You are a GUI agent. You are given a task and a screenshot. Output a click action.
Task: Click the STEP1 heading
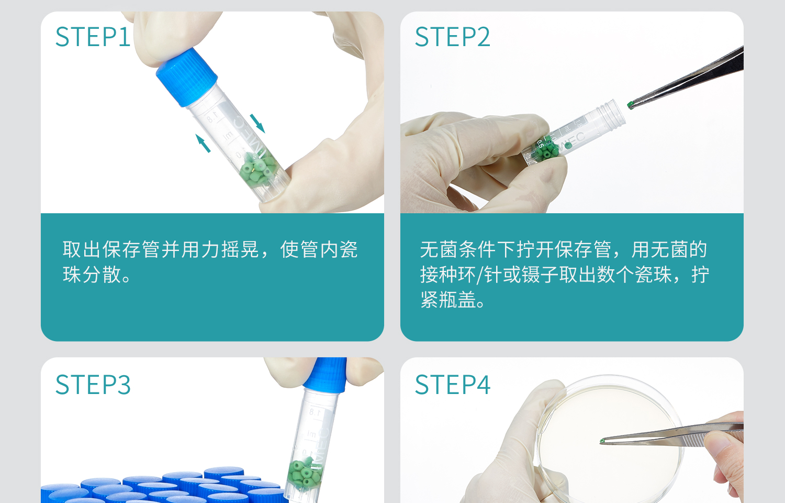(x=93, y=37)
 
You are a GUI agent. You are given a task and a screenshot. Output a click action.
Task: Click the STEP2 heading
(x=452, y=37)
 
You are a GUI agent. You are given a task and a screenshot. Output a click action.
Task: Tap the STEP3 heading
(x=93, y=385)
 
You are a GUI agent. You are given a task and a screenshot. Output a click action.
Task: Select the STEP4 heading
(x=452, y=385)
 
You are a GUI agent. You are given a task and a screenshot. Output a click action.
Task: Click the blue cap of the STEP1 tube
(x=186, y=76)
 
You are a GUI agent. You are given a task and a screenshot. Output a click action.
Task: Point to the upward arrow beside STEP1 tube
(x=203, y=143)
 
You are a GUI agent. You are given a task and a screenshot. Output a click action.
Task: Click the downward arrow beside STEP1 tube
(x=257, y=123)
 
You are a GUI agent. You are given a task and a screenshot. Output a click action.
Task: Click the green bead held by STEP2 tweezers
(x=631, y=105)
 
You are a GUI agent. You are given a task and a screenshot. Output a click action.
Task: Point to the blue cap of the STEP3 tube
(x=328, y=375)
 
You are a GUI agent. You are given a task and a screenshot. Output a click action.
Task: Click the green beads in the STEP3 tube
(x=304, y=473)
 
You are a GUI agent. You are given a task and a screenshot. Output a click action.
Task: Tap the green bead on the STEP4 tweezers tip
(x=602, y=442)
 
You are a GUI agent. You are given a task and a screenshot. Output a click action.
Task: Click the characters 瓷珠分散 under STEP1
(x=92, y=275)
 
